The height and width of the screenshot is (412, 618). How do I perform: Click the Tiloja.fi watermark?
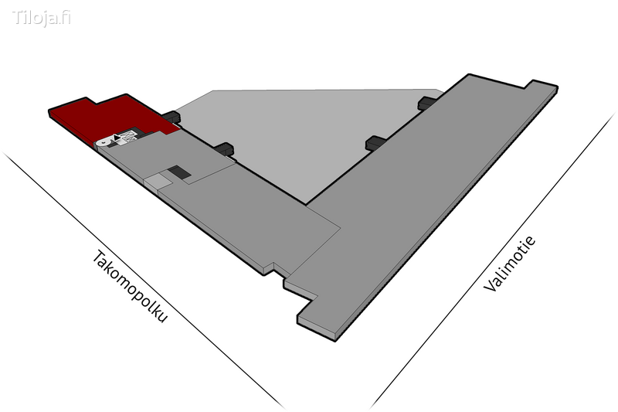(x=42, y=18)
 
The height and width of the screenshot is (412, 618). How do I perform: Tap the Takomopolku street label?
(x=130, y=287)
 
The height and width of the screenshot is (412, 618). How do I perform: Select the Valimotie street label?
(x=510, y=264)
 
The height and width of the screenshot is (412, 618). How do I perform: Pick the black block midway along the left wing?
(x=225, y=149)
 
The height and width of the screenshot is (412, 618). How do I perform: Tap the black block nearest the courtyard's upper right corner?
(x=427, y=103)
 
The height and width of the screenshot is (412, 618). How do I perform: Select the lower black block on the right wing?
(x=375, y=143)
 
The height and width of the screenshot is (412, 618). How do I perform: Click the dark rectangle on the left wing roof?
(x=179, y=172)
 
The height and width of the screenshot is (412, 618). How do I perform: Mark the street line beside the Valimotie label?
(x=494, y=260)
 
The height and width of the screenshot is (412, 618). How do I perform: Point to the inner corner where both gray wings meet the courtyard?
(x=306, y=204)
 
